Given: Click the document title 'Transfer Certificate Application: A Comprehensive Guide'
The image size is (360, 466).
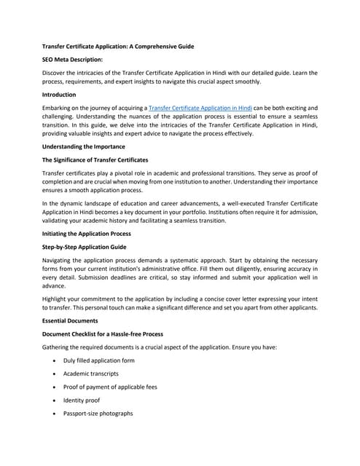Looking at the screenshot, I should tap(118, 47).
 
